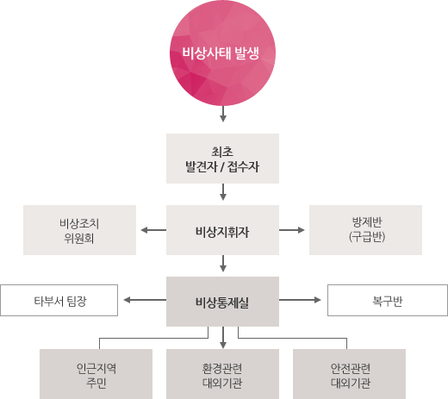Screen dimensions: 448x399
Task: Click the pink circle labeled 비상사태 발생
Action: point(222,53)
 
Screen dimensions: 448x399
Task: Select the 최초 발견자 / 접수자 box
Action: point(222,159)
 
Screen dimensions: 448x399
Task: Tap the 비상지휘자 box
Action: point(222,230)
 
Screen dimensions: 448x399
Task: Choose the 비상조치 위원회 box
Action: point(79,230)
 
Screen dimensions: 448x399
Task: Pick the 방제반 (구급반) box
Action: point(365,230)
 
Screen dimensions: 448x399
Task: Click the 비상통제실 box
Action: point(222,302)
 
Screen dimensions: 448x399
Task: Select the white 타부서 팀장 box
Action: point(59,300)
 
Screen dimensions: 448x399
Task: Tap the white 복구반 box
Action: point(388,300)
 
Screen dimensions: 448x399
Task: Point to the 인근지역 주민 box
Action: point(96,374)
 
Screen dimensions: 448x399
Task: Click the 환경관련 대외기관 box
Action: point(222,374)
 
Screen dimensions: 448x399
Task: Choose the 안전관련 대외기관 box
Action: point(349,374)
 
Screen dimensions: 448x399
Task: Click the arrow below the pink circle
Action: point(223,114)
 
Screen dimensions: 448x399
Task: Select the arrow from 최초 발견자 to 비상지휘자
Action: point(223,192)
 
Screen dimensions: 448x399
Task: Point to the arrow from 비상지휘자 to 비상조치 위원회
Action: point(153,230)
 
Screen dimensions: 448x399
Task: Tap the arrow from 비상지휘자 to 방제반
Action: point(292,230)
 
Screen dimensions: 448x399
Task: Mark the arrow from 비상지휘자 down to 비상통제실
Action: point(223,264)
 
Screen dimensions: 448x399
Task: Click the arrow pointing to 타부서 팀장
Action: point(145,300)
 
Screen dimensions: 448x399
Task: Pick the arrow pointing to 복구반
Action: point(300,300)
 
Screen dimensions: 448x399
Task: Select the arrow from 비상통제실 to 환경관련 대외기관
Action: point(223,338)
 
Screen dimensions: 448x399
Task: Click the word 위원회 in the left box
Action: point(79,238)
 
